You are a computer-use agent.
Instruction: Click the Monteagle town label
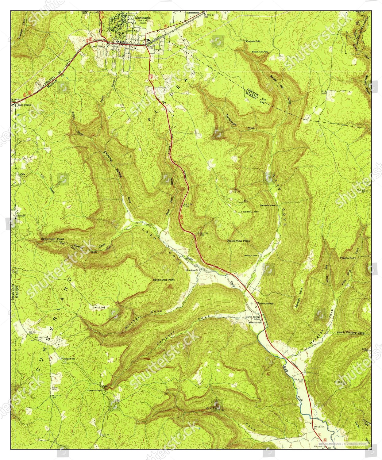[143, 18]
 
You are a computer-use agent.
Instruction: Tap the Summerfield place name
[193, 13]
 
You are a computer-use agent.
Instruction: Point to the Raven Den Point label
[164, 280]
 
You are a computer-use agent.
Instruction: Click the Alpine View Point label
[238, 241]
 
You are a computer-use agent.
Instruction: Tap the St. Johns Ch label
[193, 270]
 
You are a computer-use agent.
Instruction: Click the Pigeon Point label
[348, 258]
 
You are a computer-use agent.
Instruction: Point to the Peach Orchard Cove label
[350, 332]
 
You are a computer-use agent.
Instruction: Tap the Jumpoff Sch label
[69, 358]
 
